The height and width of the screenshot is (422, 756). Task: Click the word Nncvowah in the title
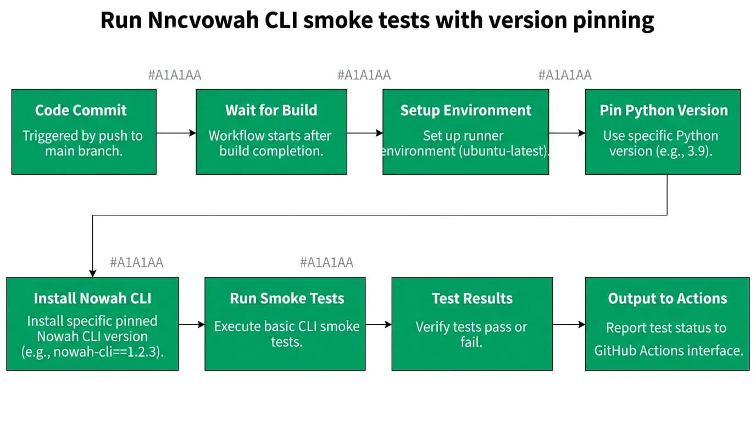pos(203,20)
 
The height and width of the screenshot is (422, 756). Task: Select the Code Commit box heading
pos(81,110)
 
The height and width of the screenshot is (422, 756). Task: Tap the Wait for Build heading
pos(271,110)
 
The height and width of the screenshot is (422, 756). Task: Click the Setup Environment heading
pos(466,110)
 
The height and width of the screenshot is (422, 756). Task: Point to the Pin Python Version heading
pos(664,110)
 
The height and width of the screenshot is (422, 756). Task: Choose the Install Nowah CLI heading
pos(92,298)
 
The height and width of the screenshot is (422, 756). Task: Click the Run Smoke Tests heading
pos(287,298)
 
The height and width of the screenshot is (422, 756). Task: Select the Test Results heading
pos(472,298)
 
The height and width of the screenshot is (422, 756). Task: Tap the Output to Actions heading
pos(668,298)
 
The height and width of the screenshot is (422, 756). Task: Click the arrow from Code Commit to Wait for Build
pos(176,133)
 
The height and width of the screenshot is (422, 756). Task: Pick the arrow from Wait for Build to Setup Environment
pos(365,133)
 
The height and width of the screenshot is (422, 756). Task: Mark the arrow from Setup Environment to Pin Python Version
pos(567,133)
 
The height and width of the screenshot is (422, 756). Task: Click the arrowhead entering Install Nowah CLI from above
pos(92,274)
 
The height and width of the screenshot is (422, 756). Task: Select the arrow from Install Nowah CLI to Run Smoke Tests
pos(192,325)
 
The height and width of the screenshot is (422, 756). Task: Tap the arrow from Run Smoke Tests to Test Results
pos(379,325)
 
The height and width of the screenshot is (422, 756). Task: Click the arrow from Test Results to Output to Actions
pos(569,325)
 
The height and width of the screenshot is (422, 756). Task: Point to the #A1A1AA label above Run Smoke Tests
pos(327,262)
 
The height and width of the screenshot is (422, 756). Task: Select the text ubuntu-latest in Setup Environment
pos(503,151)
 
